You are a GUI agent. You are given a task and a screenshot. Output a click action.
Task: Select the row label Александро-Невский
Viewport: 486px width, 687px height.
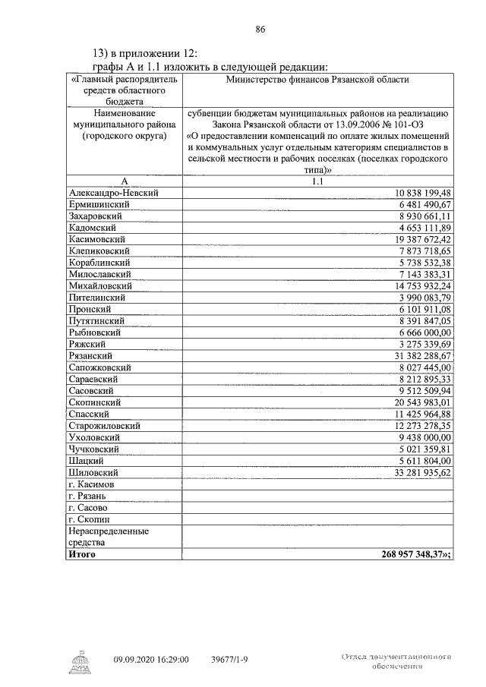(113, 194)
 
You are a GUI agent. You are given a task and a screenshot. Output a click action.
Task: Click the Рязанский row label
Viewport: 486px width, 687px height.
(90, 355)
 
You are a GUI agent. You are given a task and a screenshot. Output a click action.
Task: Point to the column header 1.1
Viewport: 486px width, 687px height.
(317, 181)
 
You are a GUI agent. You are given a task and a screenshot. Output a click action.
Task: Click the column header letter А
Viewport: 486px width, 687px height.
(123, 181)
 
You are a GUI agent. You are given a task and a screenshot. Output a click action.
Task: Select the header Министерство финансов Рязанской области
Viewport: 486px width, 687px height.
(317, 80)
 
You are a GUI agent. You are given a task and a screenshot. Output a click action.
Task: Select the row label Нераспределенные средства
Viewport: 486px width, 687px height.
(106, 537)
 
